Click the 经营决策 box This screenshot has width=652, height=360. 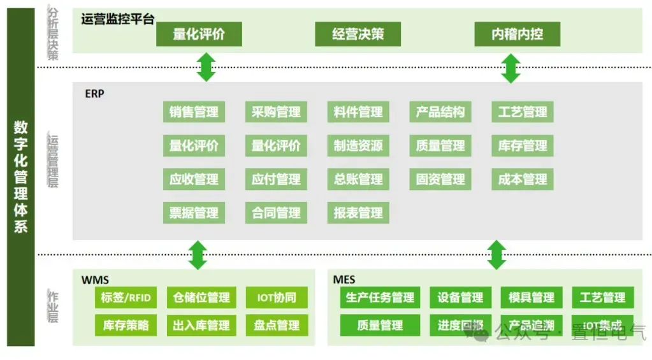pos(358,34)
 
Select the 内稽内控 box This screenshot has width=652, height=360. pos(517,34)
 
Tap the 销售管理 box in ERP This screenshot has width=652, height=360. pos(194,112)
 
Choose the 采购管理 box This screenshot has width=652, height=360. pos(276,112)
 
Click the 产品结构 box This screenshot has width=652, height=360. pos(440,112)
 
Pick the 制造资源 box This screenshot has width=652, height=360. pos(358,146)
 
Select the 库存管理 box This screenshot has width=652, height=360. pos(523,146)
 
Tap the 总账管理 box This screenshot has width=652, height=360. pos(358,180)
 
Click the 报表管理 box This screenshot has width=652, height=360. pos(358,213)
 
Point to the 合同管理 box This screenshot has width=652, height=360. pos(276,213)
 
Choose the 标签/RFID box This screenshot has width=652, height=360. pos(126,298)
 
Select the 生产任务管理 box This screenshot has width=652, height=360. pos(380,298)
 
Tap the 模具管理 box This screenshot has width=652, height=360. pos(532,298)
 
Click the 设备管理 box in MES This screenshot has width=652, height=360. pos(460,298)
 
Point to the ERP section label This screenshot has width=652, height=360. pos(94,94)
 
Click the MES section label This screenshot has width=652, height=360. pos(344,280)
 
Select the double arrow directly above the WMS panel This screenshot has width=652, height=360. pos(198,255)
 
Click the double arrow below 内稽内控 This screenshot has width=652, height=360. pos(511,68)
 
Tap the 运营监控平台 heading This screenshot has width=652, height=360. pos(118,19)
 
